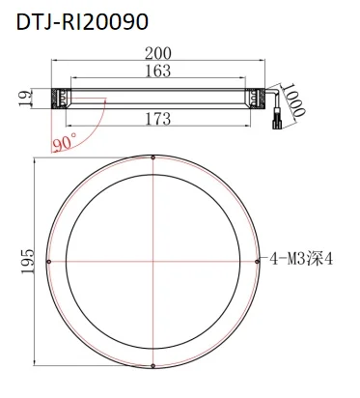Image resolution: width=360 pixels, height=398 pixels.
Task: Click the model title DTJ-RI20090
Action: [x=82, y=22]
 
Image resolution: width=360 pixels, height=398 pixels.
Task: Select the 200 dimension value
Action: [x=158, y=53]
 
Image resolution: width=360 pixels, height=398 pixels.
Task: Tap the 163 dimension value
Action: [x=158, y=71]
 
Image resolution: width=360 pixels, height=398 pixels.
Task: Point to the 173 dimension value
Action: [x=158, y=118]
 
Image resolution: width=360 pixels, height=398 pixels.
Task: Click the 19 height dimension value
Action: [x=26, y=99]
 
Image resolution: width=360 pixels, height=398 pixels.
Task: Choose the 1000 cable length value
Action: [x=293, y=99]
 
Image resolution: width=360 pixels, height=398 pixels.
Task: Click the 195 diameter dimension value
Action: [x=28, y=261]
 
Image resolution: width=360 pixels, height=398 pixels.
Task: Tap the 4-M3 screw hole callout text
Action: [x=301, y=259]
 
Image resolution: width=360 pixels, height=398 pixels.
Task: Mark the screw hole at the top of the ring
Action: [x=153, y=157]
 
